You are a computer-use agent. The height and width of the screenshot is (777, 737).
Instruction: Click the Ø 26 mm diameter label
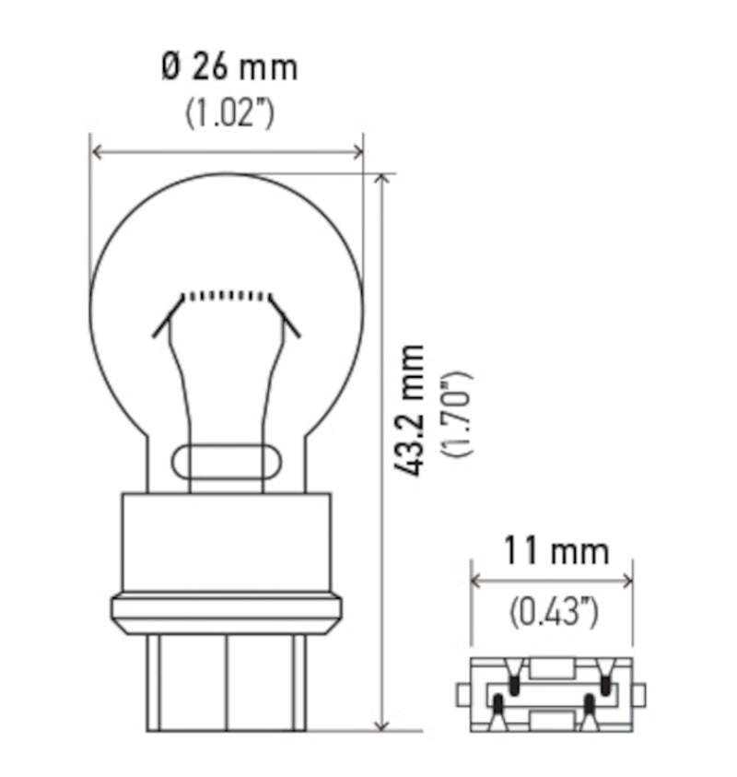(x=229, y=67)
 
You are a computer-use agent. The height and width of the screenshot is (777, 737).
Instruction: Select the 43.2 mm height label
(x=412, y=410)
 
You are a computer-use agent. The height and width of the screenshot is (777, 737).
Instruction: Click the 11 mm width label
(x=556, y=551)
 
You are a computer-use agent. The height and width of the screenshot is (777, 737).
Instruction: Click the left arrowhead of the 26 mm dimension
(x=96, y=152)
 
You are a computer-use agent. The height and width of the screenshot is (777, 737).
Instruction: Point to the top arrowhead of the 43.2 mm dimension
(x=382, y=178)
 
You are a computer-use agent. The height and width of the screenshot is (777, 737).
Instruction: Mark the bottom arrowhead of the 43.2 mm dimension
(x=382, y=726)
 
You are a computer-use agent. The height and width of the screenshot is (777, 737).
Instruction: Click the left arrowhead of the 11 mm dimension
(x=475, y=581)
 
